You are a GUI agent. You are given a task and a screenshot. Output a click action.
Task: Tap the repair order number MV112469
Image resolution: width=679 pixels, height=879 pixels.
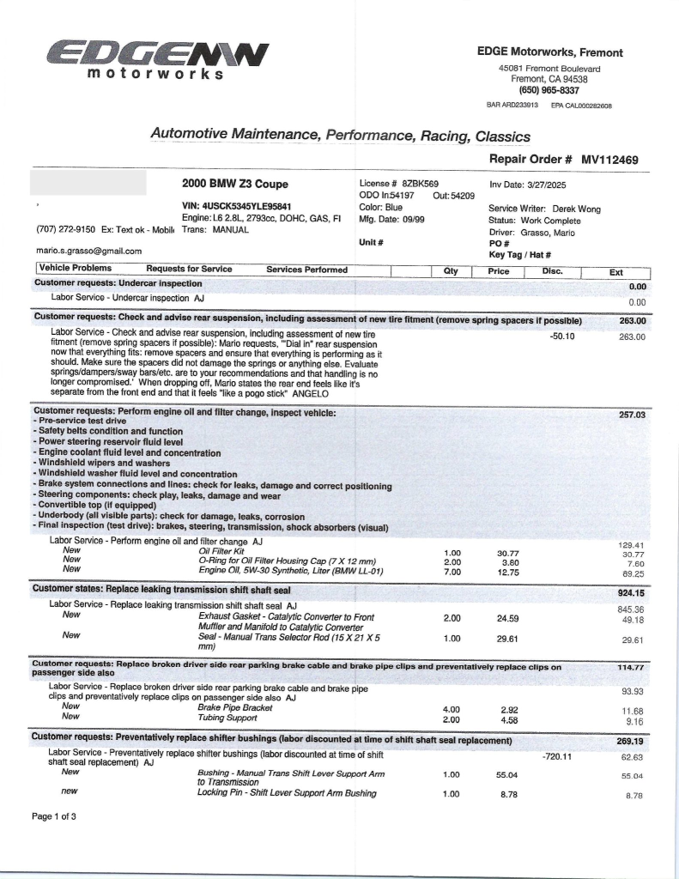[609, 159]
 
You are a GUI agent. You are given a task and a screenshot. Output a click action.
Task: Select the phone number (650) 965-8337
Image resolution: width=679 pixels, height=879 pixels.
[549, 90]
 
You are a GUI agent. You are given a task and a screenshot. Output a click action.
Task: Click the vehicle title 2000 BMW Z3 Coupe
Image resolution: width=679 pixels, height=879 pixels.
[234, 185]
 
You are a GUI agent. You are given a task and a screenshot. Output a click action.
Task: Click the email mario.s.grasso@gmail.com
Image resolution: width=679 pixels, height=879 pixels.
[88, 251]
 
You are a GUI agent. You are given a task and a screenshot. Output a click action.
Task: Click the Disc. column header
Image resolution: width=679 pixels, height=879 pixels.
[552, 270]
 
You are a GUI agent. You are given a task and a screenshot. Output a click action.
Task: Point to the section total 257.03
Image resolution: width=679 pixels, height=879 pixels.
[631, 415]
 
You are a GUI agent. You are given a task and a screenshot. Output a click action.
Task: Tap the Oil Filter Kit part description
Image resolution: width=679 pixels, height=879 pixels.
[221, 550]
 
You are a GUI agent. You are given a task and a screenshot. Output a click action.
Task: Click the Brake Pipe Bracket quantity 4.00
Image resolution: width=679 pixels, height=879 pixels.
[452, 709]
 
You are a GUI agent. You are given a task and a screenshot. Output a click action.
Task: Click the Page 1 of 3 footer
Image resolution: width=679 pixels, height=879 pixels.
[54, 816]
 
